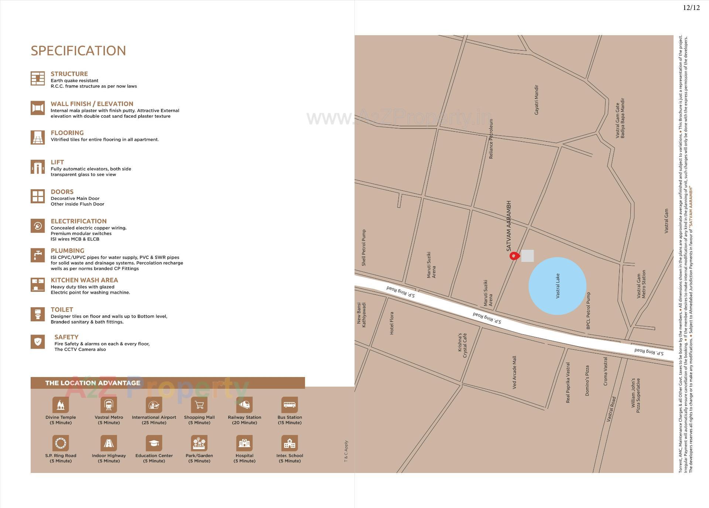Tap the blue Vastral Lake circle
[x=557, y=286]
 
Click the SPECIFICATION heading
[x=78, y=51]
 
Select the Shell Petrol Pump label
[x=364, y=248]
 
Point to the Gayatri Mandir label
[x=536, y=100]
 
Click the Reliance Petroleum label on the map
[x=491, y=139]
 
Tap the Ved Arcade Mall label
[x=514, y=372]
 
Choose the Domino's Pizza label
[x=587, y=381]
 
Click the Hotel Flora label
[x=392, y=323]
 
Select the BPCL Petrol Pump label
[x=588, y=311]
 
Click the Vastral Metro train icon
[x=109, y=405]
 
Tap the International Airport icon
[x=154, y=405]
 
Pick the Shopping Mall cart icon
[x=199, y=405]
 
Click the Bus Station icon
[x=290, y=405]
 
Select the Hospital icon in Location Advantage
[x=244, y=443]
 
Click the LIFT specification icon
[x=38, y=167]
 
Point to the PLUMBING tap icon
[x=38, y=255]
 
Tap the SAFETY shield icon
[x=38, y=342]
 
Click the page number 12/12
[x=691, y=8]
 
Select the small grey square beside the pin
[x=527, y=256]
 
